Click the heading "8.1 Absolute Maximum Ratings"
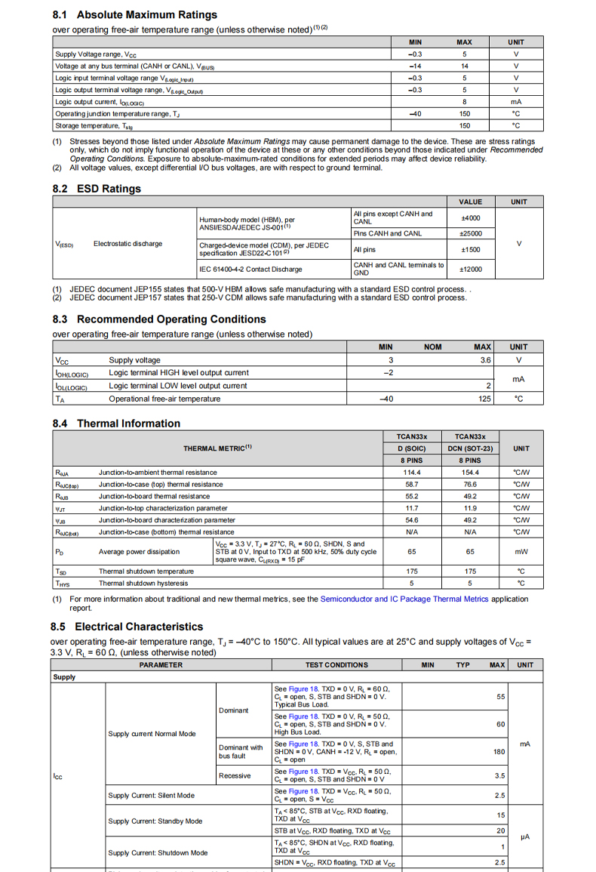[135, 14]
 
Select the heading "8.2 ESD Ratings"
[97, 189]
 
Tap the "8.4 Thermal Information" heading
[116, 424]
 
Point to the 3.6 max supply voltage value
[485, 360]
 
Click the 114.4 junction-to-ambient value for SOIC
[412, 473]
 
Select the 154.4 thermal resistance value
[469, 473]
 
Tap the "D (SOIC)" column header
[412, 448]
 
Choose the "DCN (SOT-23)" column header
[469, 448]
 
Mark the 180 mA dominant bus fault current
[499, 752]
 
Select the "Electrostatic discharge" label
[127, 244]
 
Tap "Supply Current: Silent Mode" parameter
[151, 795]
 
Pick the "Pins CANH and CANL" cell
[387, 233]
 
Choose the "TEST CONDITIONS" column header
[336, 665]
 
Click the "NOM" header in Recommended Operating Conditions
[432, 347]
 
